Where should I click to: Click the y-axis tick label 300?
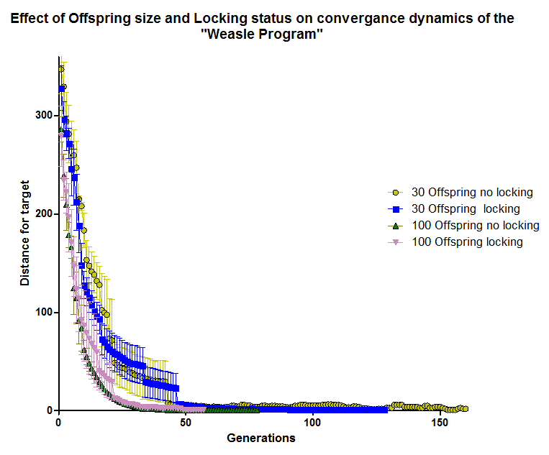click(42, 115)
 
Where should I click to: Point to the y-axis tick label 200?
click(42, 213)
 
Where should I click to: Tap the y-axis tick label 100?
click(42, 312)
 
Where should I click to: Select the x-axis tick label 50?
click(186, 423)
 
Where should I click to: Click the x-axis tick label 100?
click(312, 423)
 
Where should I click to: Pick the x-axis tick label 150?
click(439, 423)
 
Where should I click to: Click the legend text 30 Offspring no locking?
click(472, 193)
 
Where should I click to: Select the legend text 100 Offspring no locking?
click(475, 226)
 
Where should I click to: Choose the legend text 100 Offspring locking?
click(467, 242)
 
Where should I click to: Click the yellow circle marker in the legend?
click(394, 193)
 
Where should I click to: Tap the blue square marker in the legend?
click(394, 209)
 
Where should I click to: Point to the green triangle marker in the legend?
click(394, 226)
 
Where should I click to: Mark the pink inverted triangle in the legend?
click(394, 242)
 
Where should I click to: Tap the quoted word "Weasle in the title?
click(230, 35)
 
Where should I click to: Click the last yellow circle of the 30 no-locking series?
click(465, 408)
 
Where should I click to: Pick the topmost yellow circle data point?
click(61, 69)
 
